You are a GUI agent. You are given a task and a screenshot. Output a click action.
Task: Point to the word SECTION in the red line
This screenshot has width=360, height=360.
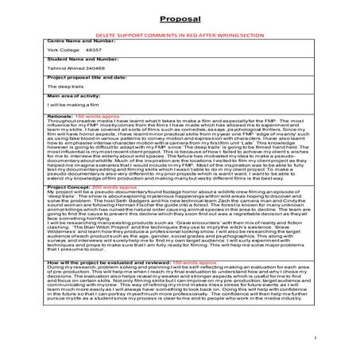[x=238, y=37]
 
